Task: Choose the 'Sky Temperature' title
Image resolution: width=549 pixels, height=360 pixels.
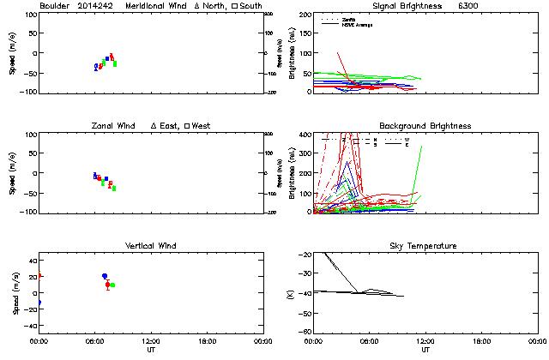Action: pos(425,246)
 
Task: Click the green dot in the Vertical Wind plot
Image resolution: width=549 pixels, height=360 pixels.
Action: pos(112,285)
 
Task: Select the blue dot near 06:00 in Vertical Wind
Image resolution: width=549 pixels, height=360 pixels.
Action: pos(105,276)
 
